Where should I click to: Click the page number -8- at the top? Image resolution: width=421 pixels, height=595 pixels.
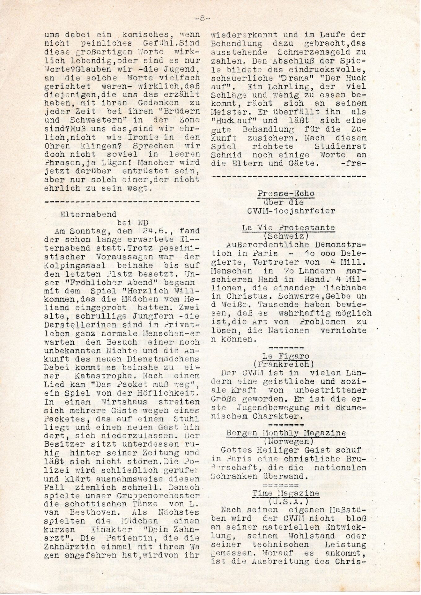click(x=203, y=18)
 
